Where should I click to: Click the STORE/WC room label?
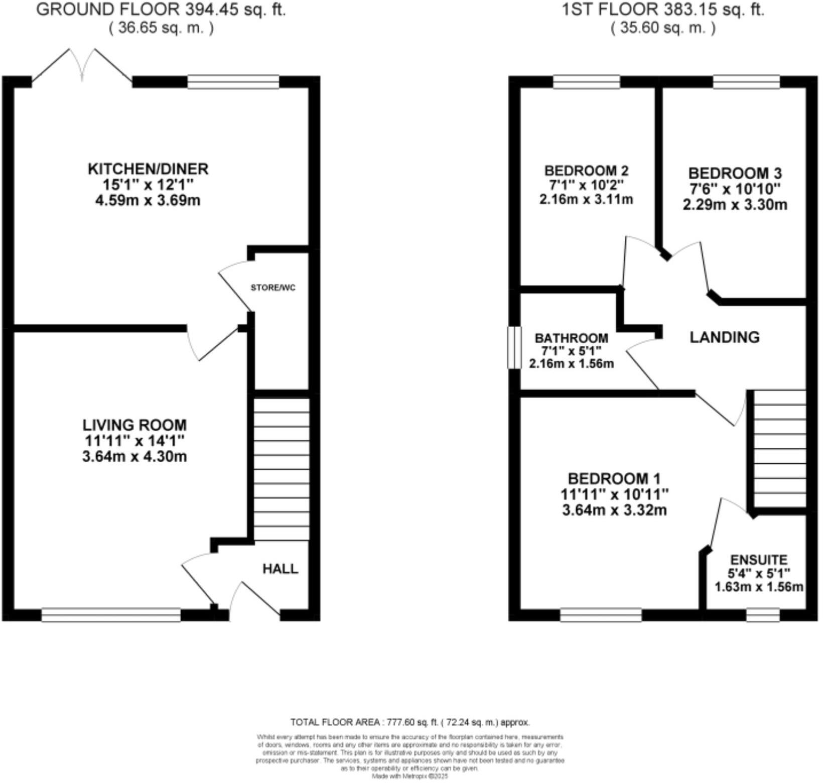click(x=273, y=288)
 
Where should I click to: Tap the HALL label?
click(x=280, y=568)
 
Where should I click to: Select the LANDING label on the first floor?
click(x=724, y=337)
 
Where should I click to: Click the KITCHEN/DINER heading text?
click(x=148, y=169)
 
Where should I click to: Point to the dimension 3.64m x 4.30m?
click(x=134, y=457)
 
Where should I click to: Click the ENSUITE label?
click(x=758, y=560)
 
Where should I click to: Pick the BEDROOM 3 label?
click(x=735, y=173)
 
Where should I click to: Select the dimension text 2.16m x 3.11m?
click(x=586, y=199)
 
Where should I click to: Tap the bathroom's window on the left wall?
click(x=514, y=348)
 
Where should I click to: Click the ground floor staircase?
click(x=282, y=469)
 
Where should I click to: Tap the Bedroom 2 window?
click(x=587, y=82)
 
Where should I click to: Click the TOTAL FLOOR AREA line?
click(x=409, y=722)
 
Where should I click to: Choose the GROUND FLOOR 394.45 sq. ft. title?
click(x=161, y=10)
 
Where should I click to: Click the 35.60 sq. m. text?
click(x=662, y=28)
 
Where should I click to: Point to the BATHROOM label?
click(x=571, y=338)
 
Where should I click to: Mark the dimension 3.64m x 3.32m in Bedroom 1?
click(x=614, y=510)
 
